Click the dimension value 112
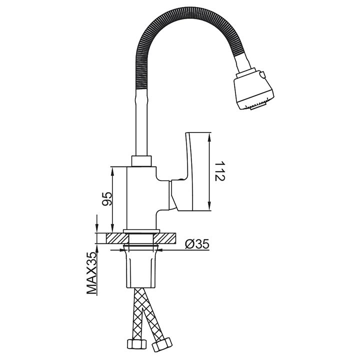(x=220, y=171)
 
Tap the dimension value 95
(x=107, y=199)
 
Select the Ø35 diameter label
(x=197, y=244)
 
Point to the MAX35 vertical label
(x=91, y=273)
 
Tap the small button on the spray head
(x=263, y=74)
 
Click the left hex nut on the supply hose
(x=137, y=344)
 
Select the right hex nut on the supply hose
(x=162, y=345)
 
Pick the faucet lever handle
(x=190, y=171)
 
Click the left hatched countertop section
(x=117, y=238)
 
